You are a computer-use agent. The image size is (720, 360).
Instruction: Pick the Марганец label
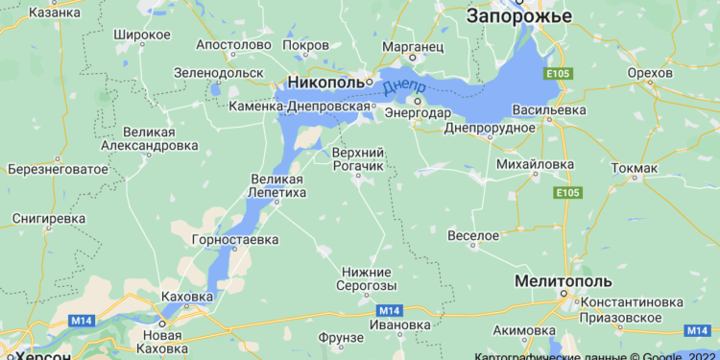click(413, 45)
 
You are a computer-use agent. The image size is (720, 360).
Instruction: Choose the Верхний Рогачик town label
click(358, 160)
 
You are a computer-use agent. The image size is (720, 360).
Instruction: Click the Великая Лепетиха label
click(277, 185)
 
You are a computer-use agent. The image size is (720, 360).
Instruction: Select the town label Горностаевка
click(235, 239)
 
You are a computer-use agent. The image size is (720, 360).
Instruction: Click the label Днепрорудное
click(490, 128)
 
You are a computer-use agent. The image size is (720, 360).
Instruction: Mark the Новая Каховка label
click(161, 342)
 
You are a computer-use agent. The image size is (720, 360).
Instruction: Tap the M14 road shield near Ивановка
click(388, 310)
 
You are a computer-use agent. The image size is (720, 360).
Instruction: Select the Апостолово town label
click(234, 45)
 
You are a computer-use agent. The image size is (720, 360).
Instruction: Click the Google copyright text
click(595, 355)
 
